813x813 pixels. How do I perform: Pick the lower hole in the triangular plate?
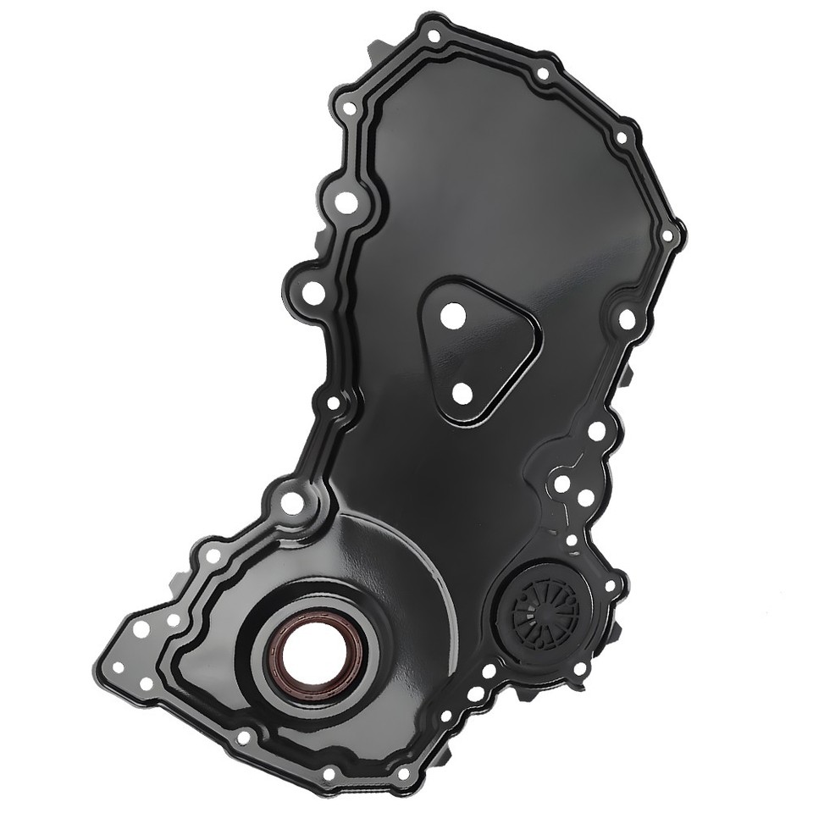[462, 392]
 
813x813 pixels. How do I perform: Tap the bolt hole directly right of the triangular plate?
[626, 318]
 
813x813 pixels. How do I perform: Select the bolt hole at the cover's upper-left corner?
[350, 108]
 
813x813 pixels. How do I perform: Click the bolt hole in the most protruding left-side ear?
[312, 292]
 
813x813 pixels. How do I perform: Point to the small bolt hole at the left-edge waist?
[333, 403]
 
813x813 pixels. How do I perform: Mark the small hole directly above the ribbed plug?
[572, 539]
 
